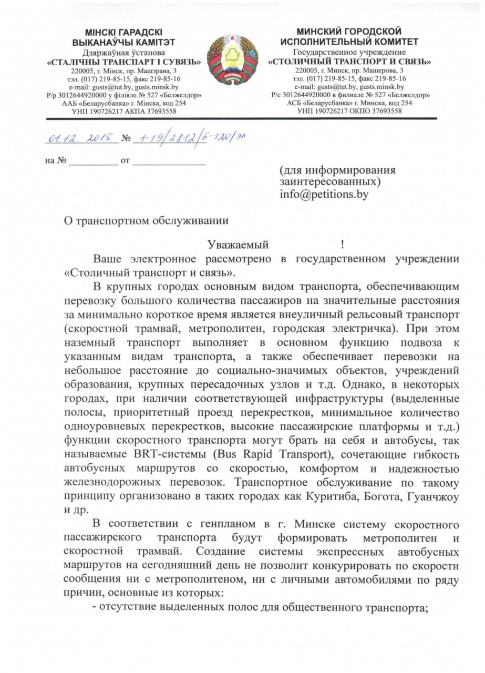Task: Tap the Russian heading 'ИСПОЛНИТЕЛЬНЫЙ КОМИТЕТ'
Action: [349, 41]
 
